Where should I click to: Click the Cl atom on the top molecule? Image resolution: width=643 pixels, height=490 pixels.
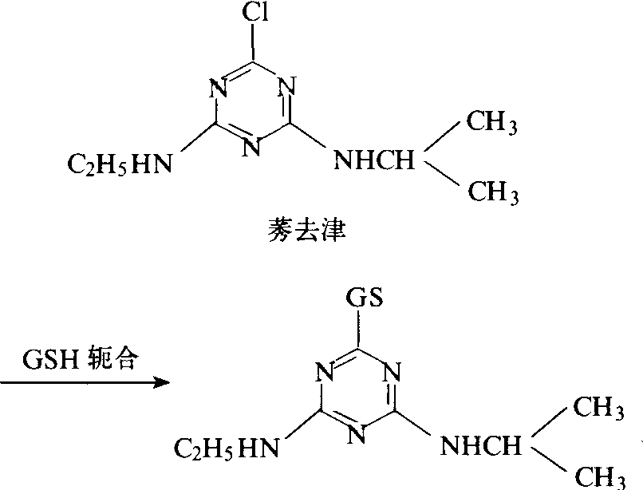coord(254,14)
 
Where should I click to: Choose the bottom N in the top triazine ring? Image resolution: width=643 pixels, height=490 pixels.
coord(251,148)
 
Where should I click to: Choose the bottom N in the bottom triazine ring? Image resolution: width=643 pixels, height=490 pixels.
coord(361,435)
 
